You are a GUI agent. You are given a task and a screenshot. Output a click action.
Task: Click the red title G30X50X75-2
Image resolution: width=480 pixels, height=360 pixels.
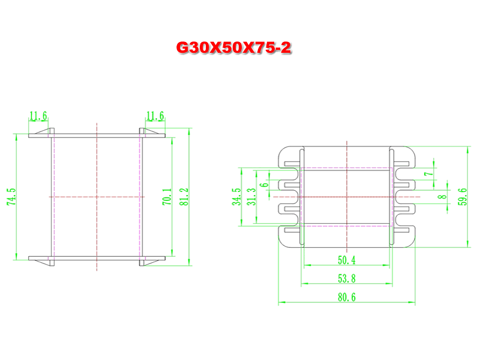pyautogui.click(x=233, y=48)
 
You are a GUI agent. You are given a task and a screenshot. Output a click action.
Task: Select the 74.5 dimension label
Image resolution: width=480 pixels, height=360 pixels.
pyautogui.click(x=11, y=197)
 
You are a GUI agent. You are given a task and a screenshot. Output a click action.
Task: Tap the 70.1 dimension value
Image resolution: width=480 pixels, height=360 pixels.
pyautogui.click(x=167, y=197)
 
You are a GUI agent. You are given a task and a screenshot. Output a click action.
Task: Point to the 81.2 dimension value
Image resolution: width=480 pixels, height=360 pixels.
pyautogui.click(x=184, y=197)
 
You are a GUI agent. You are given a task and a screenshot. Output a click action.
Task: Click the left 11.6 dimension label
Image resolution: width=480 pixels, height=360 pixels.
pyautogui.click(x=38, y=116)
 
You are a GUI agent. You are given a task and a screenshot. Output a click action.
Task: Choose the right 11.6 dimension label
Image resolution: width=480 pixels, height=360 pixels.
pyautogui.click(x=155, y=116)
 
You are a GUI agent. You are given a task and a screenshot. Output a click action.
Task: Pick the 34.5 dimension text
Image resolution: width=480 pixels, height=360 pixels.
pyautogui.click(x=236, y=197)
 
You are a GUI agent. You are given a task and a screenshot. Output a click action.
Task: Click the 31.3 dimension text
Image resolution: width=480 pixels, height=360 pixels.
pyautogui.click(x=251, y=197)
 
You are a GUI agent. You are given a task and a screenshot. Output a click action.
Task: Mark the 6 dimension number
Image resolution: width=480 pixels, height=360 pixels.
pyautogui.click(x=264, y=185)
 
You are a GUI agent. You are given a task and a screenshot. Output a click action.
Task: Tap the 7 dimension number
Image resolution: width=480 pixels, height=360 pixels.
pyautogui.click(x=429, y=174)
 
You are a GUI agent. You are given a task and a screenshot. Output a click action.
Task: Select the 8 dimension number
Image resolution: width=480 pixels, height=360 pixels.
pyautogui.click(x=442, y=196)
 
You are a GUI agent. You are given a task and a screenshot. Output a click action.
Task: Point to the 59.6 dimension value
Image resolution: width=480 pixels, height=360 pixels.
pyautogui.click(x=463, y=197)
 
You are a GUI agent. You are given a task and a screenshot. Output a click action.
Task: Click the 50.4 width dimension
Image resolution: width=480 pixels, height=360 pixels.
pyautogui.click(x=347, y=260)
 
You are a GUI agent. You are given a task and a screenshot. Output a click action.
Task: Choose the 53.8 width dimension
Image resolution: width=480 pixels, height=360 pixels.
pyautogui.click(x=347, y=278)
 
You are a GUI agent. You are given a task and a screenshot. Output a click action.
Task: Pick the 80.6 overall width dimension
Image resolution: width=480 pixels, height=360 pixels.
pyautogui.click(x=347, y=297)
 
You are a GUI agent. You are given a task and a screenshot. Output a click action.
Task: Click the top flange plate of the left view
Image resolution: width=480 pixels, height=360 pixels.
pyautogui.click(x=97, y=136)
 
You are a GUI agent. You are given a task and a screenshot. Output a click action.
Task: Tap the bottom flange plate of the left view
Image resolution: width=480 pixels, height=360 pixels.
pyautogui.click(x=97, y=259)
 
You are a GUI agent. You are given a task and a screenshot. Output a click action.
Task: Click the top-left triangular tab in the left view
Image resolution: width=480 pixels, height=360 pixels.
pyautogui.click(x=41, y=131)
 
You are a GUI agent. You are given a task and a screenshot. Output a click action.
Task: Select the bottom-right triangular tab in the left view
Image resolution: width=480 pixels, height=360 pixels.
pyautogui.click(x=152, y=263)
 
